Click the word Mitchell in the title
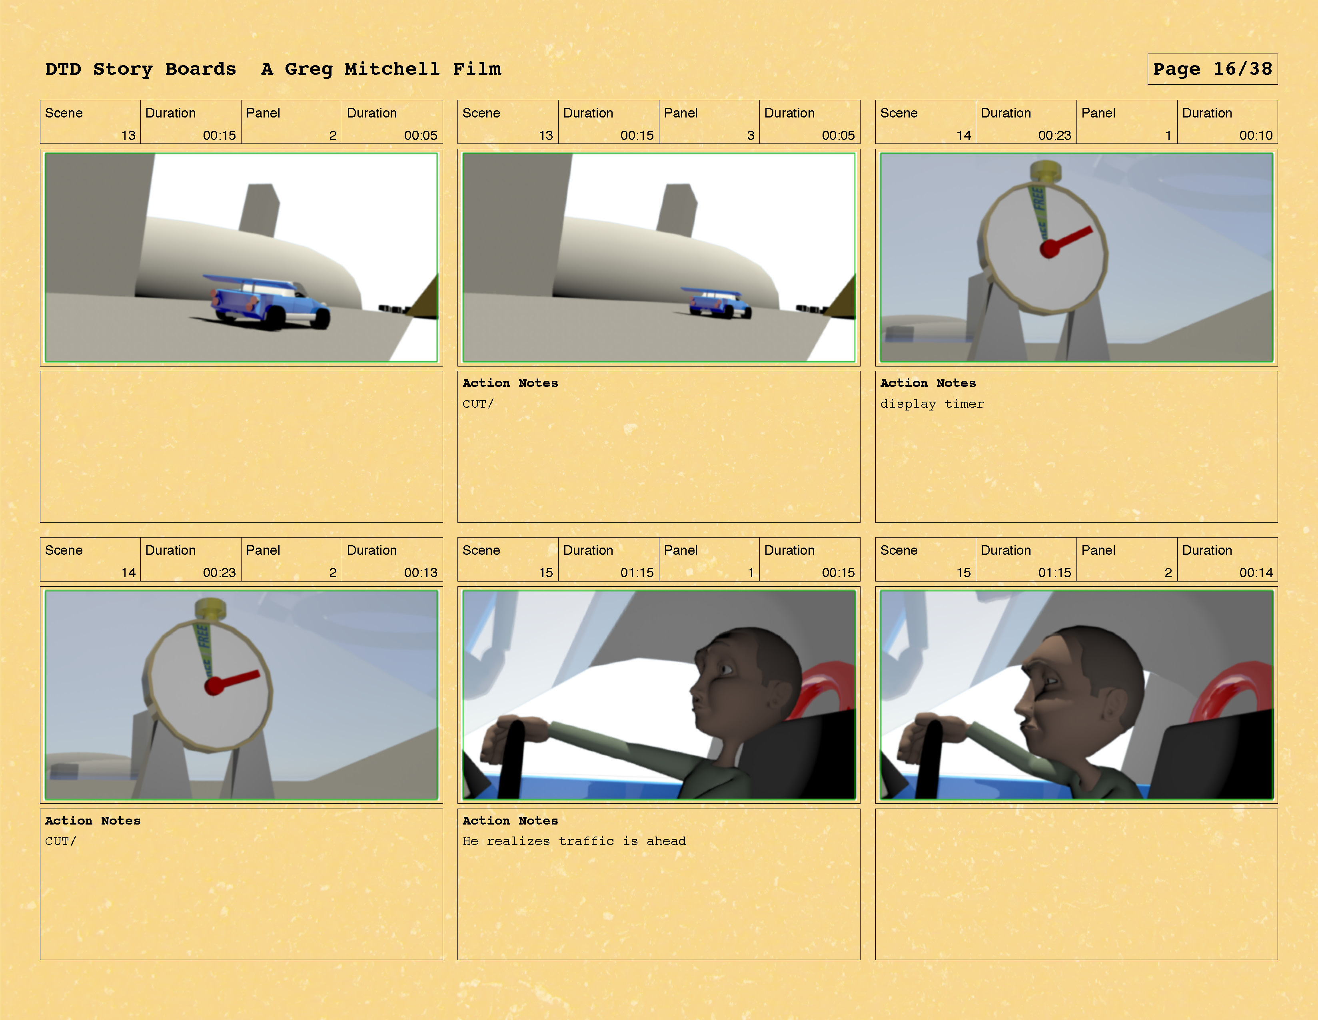392,69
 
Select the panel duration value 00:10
1256,135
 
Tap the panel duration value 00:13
421,572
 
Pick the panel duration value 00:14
1256,572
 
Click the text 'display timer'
932,404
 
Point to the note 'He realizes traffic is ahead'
574,841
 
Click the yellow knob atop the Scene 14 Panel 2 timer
211,608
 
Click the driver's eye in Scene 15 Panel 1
724,669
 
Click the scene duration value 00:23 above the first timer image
1054,135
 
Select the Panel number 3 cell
709,122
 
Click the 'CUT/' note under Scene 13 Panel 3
478,404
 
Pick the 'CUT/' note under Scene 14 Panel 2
60,841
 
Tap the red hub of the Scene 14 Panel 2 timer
214,686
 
